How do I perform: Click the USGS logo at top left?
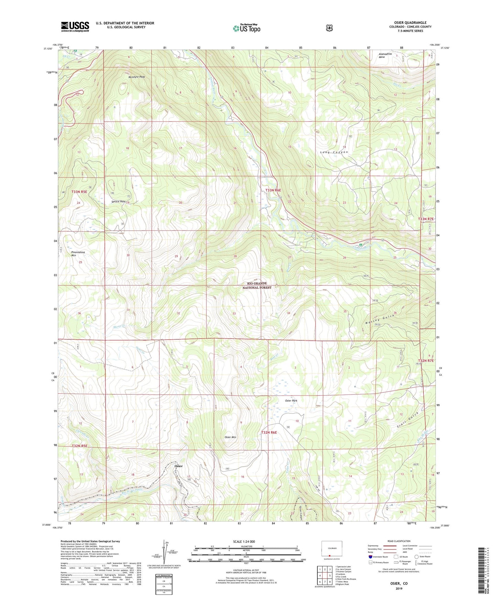click(75, 27)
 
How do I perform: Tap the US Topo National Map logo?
click(246, 28)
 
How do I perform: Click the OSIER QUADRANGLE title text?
click(410, 23)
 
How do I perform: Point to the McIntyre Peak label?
click(134, 77)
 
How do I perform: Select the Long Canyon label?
click(334, 152)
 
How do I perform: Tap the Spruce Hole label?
click(118, 201)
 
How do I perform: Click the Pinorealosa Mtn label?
click(78, 254)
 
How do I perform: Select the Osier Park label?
click(291, 401)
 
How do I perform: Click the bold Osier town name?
click(178, 466)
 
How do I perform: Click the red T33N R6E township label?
click(273, 190)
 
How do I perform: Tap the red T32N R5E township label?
click(79, 446)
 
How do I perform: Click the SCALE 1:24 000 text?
click(244, 541)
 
